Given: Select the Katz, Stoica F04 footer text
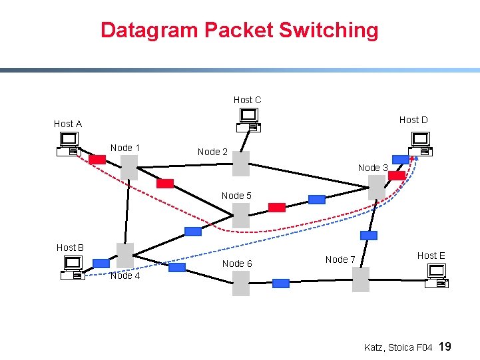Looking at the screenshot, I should (x=398, y=347).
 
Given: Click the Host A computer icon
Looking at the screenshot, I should (x=68, y=144).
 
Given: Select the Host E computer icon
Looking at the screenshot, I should (x=437, y=275).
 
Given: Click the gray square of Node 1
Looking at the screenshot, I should (x=129, y=168).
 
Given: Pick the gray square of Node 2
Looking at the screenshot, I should (x=241, y=164).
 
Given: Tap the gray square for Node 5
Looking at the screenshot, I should (x=241, y=215).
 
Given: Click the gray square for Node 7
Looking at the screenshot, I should (x=360, y=279).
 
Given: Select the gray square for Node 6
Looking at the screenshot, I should (x=241, y=283).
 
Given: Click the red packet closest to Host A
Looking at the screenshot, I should (x=97, y=160).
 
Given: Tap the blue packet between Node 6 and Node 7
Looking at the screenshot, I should (x=281, y=283).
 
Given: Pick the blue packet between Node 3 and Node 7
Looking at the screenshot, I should (x=368, y=236).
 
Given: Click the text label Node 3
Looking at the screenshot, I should (x=373, y=168).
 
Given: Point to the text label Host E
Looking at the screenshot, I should (x=431, y=256).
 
